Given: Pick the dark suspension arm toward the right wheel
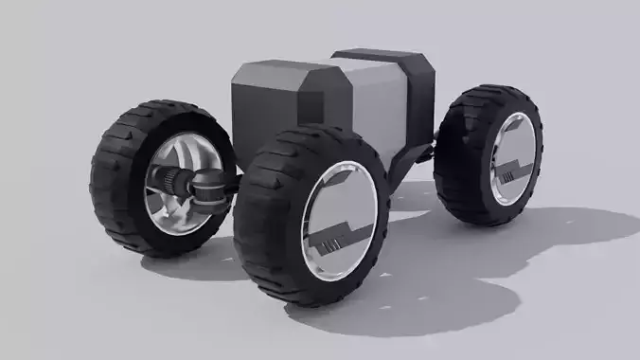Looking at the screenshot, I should pos(417,152).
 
